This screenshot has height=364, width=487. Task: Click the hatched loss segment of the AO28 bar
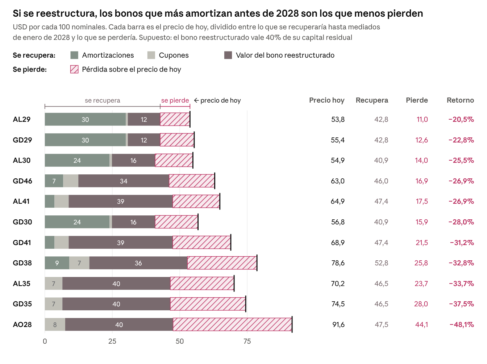[232, 324]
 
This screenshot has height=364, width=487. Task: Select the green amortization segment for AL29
[85, 119]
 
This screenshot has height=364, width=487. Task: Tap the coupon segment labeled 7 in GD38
[79, 263]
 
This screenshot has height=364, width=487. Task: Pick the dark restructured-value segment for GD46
[124, 181]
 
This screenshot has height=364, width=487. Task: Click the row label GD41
[22, 243]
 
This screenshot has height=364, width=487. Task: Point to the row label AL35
[21, 284]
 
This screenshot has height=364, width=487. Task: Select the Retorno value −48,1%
[462, 324]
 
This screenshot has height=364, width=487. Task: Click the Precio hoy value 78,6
[338, 263]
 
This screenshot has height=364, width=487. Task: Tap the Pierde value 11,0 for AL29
[422, 119]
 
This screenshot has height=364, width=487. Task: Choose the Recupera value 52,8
[382, 263]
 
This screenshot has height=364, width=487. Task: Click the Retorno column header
[460, 100]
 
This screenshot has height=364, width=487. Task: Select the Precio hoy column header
[327, 100]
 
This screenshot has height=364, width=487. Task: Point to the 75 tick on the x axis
[247, 341]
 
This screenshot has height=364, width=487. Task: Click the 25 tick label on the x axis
[112, 341]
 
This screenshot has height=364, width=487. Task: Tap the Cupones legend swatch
[151, 55]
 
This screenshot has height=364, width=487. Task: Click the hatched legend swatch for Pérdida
[74, 69]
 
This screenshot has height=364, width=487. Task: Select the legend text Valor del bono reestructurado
[285, 55]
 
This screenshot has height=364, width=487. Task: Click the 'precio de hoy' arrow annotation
[217, 100]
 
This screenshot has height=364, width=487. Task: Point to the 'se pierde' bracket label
[175, 100]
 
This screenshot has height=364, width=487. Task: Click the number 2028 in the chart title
[288, 13]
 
